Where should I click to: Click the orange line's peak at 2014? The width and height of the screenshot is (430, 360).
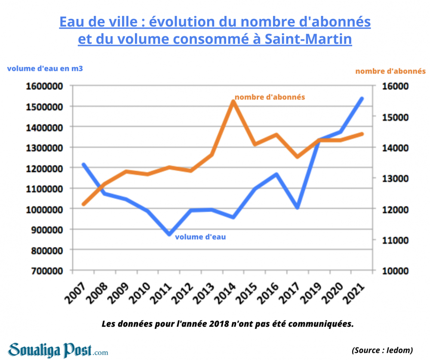click(233, 101)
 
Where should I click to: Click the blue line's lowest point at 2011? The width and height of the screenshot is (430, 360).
click(169, 234)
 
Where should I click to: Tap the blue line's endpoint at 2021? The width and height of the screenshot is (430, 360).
click(362, 99)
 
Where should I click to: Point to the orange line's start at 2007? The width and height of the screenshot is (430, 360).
click(83, 204)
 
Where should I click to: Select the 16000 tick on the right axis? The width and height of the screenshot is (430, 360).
click(392, 86)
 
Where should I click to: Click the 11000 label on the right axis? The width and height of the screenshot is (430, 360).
click(392, 240)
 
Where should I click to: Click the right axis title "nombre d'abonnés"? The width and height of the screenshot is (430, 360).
click(390, 71)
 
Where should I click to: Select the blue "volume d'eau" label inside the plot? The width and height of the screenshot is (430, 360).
click(200, 236)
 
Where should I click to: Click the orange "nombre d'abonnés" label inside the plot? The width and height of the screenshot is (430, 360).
click(270, 97)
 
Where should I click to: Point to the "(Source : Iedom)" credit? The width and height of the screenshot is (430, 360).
click(382, 350)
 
